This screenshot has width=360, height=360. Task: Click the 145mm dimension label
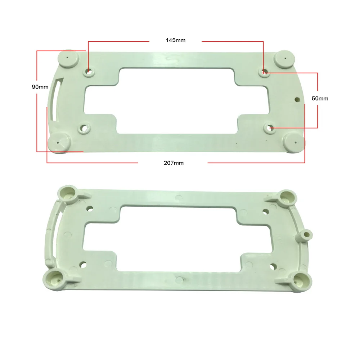[175, 40]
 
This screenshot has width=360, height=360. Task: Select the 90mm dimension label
[40, 87]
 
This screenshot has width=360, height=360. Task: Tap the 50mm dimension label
[320, 99]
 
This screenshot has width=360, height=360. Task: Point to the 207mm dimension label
[174, 163]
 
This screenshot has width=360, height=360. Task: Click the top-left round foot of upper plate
[68, 59]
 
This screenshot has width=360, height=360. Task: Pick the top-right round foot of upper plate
[284, 59]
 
